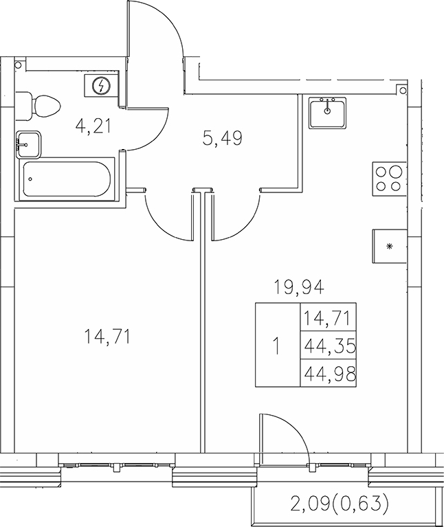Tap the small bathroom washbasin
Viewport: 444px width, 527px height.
pyautogui.click(x=28, y=144)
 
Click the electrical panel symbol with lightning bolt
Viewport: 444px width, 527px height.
pyautogui.click(x=102, y=85)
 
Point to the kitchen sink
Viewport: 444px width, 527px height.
pyautogui.click(x=327, y=112)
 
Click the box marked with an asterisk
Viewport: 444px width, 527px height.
pyautogui.click(x=389, y=246)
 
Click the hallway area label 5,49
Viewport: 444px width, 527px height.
pyautogui.click(x=222, y=138)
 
